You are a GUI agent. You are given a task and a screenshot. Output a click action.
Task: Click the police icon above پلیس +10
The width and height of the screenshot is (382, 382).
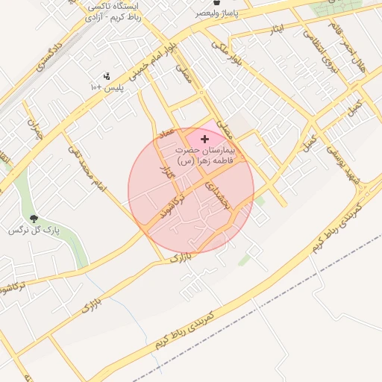click(107, 76)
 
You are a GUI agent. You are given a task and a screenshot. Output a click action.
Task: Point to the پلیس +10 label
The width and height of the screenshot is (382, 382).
click(107, 89)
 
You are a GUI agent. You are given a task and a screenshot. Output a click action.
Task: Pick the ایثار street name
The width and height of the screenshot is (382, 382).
click(277, 29)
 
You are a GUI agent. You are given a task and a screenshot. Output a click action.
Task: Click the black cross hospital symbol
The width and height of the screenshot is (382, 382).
click(204, 139)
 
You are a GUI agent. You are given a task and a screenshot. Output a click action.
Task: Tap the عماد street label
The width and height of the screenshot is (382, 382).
click(166, 132)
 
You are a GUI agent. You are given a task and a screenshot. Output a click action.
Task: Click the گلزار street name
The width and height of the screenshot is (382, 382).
click(166, 167)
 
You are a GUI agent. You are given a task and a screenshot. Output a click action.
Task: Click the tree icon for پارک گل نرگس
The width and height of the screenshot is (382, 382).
click(34, 219)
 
